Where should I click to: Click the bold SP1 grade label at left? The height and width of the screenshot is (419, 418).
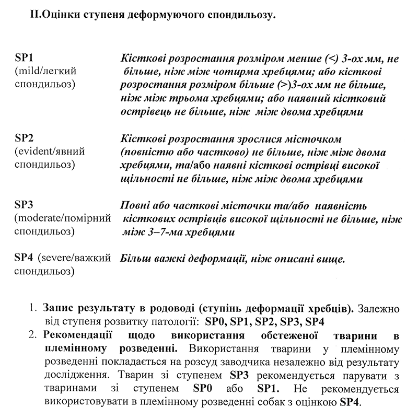25,57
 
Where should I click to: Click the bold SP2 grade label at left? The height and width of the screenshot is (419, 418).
25,139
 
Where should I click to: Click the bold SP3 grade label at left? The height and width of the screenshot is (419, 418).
25,204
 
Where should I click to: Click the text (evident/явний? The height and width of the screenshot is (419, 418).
50,152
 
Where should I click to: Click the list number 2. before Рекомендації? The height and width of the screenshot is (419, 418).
33,334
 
